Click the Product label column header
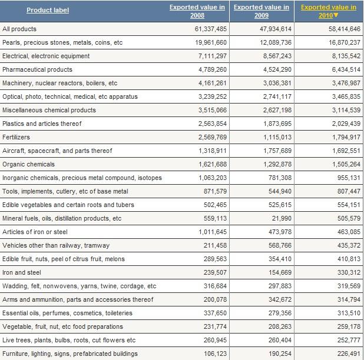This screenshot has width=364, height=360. (x=48, y=10)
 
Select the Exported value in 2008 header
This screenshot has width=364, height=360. (x=197, y=11)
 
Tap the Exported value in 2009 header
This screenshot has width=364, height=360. (x=262, y=11)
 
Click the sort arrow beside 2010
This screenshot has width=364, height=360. (x=336, y=15)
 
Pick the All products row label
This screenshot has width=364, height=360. (x=19, y=29)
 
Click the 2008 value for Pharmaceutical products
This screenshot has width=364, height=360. (x=213, y=69)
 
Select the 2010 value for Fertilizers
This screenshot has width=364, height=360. (x=346, y=137)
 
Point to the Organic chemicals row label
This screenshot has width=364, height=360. (x=28, y=164)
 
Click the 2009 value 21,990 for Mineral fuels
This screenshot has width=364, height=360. (x=282, y=218)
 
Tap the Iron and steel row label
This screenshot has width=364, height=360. (x=22, y=272)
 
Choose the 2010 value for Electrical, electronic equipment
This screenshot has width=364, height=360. (x=346, y=56)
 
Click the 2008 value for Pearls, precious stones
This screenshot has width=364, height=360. (x=211, y=42)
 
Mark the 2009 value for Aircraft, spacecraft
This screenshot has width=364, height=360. (x=277, y=151)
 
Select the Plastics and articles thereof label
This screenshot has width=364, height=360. (x=42, y=124)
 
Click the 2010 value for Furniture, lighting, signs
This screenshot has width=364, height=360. (x=349, y=354)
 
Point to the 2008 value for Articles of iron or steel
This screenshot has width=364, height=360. (x=213, y=232)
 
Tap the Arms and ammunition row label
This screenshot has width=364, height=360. (x=78, y=299)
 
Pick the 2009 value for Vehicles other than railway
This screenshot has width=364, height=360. (x=280, y=245)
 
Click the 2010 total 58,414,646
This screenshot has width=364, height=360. (x=345, y=29)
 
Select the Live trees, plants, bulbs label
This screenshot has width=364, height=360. (x=69, y=340)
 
